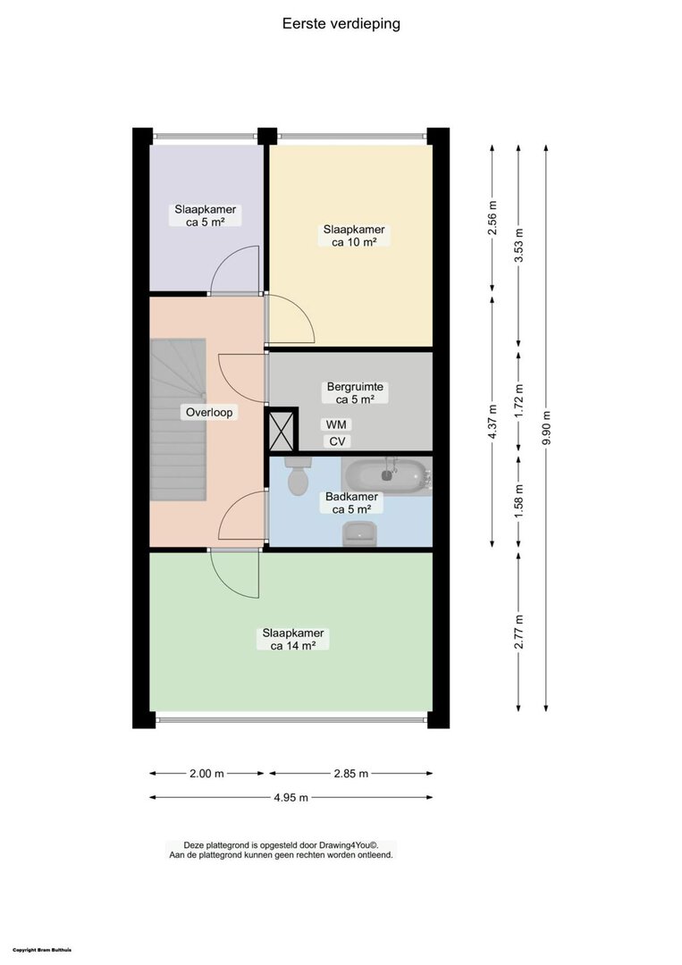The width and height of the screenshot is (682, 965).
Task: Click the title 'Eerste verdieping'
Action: coord(341,23)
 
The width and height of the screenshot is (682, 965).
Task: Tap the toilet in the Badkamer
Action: coord(299,475)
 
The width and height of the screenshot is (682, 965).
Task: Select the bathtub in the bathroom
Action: coord(386,474)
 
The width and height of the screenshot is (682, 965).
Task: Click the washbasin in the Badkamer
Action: coord(359,533)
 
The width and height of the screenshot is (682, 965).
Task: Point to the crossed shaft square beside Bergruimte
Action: coord(282,430)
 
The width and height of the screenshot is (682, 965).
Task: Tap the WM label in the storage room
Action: coord(336,424)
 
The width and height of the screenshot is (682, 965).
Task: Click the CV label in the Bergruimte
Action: coord(337,441)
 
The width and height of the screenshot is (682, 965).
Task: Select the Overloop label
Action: coord(209,412)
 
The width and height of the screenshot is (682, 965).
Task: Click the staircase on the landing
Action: coord(178,420)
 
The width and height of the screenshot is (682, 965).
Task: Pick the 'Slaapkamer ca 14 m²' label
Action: coord(293,640)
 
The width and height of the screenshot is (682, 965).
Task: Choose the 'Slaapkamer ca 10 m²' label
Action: coord(354,236)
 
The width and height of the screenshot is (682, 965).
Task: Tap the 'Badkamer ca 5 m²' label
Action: coord(351,503)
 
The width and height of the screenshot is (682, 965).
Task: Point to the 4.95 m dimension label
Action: coord(290,798)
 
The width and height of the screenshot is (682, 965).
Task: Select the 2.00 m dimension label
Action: coord(206,774)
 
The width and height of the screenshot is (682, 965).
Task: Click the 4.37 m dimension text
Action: coord(492,421)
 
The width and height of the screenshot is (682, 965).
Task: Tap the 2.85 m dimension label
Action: coord(351,774)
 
